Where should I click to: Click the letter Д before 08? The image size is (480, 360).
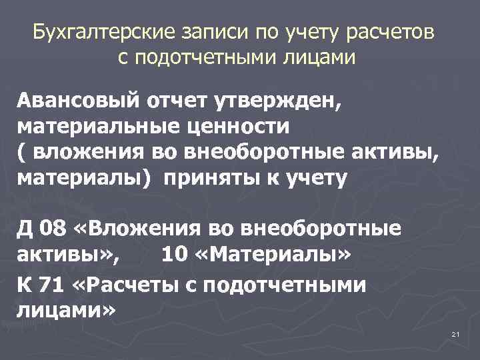tap(25, 229)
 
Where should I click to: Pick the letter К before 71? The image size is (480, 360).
tap(24, 285)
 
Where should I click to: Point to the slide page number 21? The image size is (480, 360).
tap(456, 333)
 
